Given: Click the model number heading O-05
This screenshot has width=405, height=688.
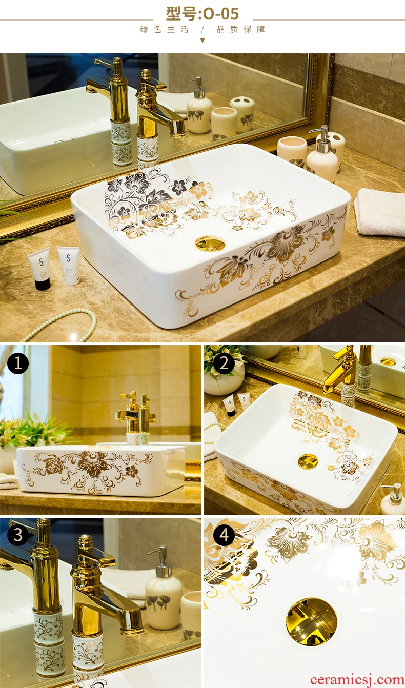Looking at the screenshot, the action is tap(202, 13).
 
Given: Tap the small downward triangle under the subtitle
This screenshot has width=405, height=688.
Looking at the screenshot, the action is tap(202, 40).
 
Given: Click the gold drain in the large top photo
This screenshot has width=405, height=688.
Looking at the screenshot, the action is tap(210, 242).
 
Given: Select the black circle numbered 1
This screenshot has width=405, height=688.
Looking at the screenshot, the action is tap(18, 363).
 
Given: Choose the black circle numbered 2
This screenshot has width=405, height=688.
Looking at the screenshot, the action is tap(224, 363).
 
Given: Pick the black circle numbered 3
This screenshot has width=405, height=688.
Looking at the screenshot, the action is tap(18, 535).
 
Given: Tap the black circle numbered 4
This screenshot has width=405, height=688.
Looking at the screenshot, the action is tap(224, 535).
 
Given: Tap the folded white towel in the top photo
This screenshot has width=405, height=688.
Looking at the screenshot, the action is tap(379, 212).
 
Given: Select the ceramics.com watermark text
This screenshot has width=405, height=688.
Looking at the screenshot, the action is tap(357, 680).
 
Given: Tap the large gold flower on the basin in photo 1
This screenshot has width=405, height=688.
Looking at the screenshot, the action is tap(92, 464).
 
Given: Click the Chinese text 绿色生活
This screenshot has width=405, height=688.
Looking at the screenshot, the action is tap(164, 30).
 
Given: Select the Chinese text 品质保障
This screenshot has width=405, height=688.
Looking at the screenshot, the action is tap(241, 30).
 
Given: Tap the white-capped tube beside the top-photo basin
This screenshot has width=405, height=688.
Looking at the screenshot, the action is tap(69, 266).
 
